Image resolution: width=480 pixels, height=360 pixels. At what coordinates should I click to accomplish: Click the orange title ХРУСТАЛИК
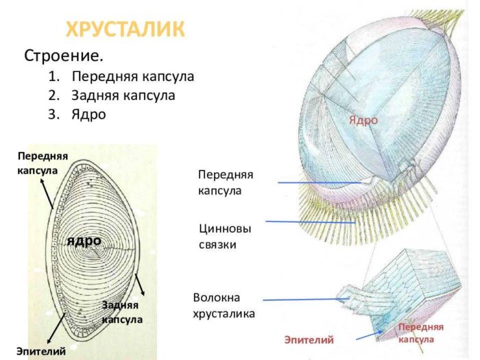point(125,29)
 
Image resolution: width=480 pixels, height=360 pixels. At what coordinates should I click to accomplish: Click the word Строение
point(64,55)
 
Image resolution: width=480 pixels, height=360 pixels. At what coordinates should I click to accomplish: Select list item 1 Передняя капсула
point(132,76)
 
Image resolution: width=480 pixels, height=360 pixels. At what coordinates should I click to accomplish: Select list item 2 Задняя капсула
point(123,95)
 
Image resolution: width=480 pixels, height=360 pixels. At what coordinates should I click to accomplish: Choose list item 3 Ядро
point(88,115)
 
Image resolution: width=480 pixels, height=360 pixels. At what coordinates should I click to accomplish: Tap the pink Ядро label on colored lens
point(363,120)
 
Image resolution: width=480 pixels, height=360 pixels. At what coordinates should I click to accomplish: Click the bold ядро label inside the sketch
point(84,240)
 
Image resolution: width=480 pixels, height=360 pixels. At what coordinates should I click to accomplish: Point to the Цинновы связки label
point(224,235)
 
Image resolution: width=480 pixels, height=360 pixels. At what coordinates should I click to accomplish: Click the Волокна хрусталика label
point(224,307)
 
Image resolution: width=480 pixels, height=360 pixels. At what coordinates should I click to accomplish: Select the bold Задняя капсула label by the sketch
point(122,312)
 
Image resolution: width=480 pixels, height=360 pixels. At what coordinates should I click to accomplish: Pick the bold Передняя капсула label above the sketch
point(43,163)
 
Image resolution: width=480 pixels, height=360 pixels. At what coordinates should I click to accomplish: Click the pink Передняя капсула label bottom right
point(420,333)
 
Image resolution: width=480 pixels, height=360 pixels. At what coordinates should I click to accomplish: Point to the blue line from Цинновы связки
point(309,222)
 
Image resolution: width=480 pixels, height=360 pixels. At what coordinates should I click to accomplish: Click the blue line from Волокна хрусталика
point(302,299)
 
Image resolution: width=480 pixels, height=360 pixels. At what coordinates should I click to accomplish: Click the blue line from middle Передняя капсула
point(322,182)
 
